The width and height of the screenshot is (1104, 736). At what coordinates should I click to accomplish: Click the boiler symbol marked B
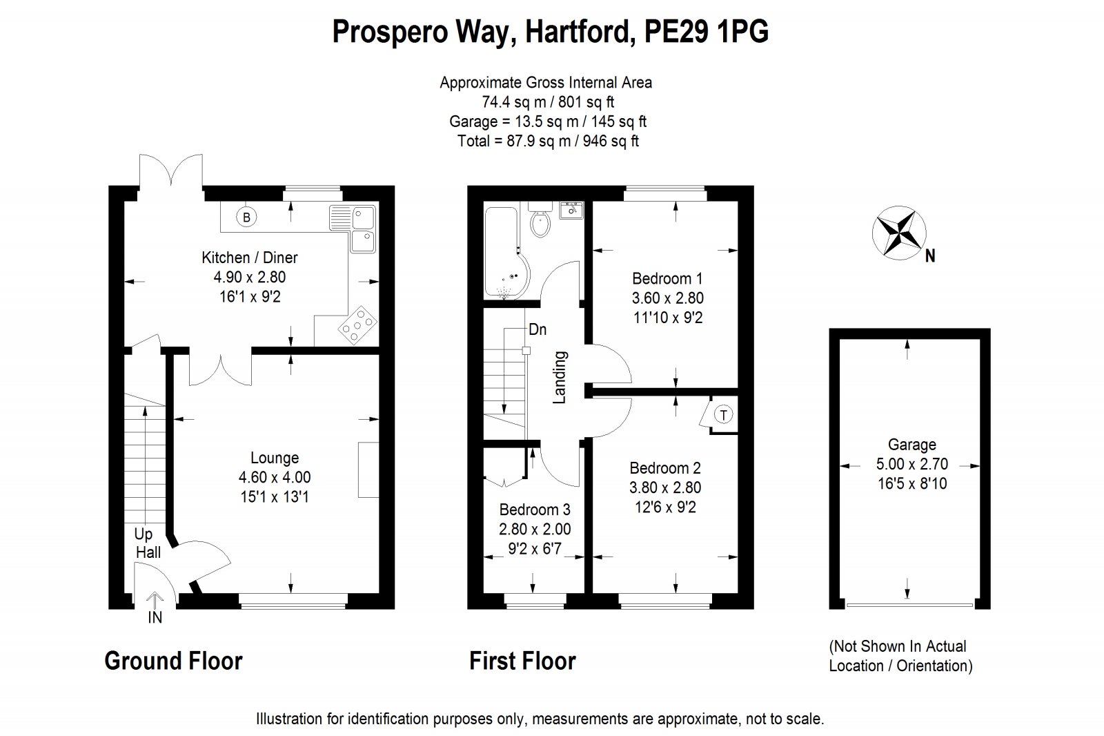coord(246,217)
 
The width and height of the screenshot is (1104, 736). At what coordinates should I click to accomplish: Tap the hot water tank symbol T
coord(724,415)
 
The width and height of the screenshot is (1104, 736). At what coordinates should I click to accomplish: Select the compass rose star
coord(899,233)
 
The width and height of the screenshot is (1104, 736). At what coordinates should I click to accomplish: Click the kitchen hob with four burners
coord(357,325)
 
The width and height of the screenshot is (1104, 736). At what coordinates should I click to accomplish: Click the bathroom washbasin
coord(572,210)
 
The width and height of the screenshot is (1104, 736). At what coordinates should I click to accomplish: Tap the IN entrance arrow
coord(155,601)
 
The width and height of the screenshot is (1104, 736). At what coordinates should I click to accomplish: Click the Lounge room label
coord(275,458)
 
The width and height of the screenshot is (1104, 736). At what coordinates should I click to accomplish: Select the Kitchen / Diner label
coord(250,258)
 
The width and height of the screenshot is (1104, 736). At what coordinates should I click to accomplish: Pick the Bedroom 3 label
coord(535,509)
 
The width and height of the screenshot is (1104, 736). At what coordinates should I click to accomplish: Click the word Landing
coord(560,378)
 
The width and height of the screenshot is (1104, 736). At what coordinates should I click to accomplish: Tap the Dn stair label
coord(538,329)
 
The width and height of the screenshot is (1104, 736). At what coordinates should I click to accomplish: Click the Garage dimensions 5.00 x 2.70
coord(912,464)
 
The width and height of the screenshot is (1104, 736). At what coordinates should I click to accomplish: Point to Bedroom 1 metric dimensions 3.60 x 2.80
coord(668,298)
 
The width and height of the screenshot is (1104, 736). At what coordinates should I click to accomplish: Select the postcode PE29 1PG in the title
coord(707,32)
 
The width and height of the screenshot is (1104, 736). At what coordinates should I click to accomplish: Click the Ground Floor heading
coord(173,661)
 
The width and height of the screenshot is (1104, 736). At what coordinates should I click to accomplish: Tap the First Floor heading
coord(522,661)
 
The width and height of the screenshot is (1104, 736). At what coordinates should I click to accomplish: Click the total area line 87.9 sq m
coord(548,141)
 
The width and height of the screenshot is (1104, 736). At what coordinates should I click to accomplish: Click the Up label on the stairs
coord(144,534)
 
